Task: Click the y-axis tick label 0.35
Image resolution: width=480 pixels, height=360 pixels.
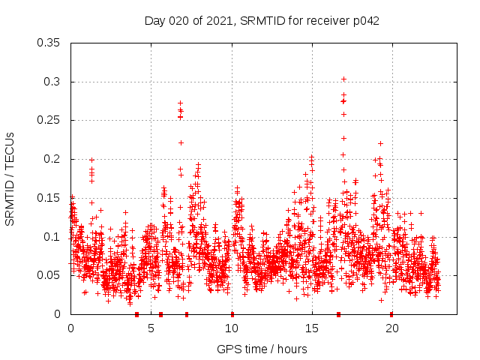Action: (x=49, y=43)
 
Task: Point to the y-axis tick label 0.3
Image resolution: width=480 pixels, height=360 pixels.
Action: (x=52, y=82)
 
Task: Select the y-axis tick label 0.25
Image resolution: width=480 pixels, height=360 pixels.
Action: (x=49, y=120)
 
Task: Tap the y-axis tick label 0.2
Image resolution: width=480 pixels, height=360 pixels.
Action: (x=52, y=159)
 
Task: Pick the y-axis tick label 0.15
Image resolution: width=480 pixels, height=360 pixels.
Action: (x=49, y=198)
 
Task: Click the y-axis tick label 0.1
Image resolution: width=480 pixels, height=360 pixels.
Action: (x=52, y=237)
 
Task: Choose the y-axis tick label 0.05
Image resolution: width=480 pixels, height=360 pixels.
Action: (x=49, y=275)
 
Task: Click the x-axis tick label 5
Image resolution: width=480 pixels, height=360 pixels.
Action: (x=151, y=328)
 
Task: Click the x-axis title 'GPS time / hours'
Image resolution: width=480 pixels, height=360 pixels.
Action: (x=262, y=349)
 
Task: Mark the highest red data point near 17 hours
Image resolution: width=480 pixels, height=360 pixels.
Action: (x=343, y=79)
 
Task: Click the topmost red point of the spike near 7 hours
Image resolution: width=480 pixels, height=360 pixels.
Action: (x=180, y=103)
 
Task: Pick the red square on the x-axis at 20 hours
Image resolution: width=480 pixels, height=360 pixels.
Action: (x=391, y=314)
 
